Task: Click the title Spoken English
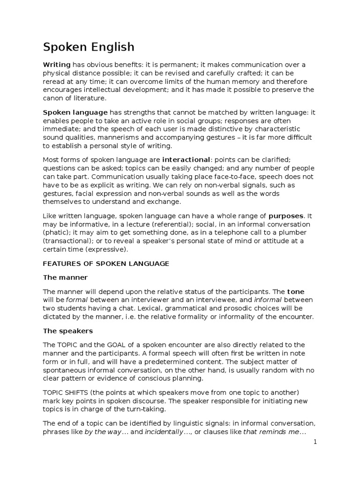coord(89,47)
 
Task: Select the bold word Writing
coord(57,64)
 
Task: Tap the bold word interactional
coord(186,160)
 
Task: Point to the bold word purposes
coord(286,216)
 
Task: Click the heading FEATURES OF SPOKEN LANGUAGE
coord(106,263)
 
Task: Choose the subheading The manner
coord(65,277)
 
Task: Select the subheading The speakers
coord(68,330)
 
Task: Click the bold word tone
coord(295,291)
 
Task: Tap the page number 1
coord(315,442)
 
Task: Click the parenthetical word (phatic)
coord(57,232)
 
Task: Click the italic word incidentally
coord(164,432)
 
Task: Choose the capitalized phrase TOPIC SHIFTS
coord(66,392)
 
